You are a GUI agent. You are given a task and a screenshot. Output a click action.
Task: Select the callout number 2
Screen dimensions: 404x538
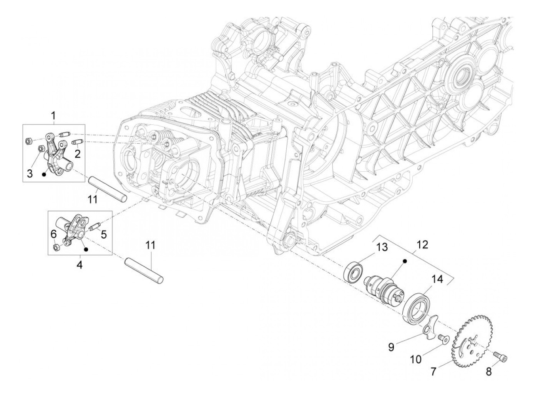[77, 154]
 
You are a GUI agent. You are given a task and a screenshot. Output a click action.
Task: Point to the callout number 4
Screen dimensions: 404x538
[80, 265]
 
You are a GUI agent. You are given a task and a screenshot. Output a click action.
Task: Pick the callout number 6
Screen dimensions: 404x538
[54, 234]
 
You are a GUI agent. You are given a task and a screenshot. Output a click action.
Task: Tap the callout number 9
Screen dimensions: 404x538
[391, 347]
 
